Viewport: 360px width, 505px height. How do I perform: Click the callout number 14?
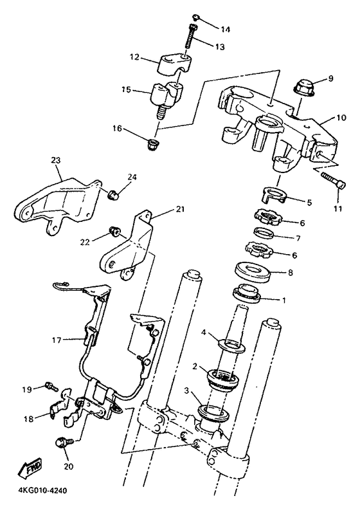pyautogui.click(x=226, y=30)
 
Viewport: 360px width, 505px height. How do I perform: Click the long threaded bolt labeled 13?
pyautogui.click(x=192, y=41)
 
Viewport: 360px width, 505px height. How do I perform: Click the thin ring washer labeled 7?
pyautogui.click(x=264, y=232)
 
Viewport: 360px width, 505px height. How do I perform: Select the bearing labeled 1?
pyautogui.click(x=247, y=293)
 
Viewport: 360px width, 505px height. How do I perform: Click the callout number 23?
pyautogui.click(x=56, y=160)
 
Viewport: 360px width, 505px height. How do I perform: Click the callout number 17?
pyautogui.click(x=57, y=340)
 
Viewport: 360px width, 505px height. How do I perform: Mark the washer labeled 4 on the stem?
pyautogui.click(x=231, y=345)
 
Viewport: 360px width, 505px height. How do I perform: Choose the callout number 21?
pyautogui.click(x=181, y=209)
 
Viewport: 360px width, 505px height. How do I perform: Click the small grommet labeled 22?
pyautogui.click(x=114, y=230)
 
